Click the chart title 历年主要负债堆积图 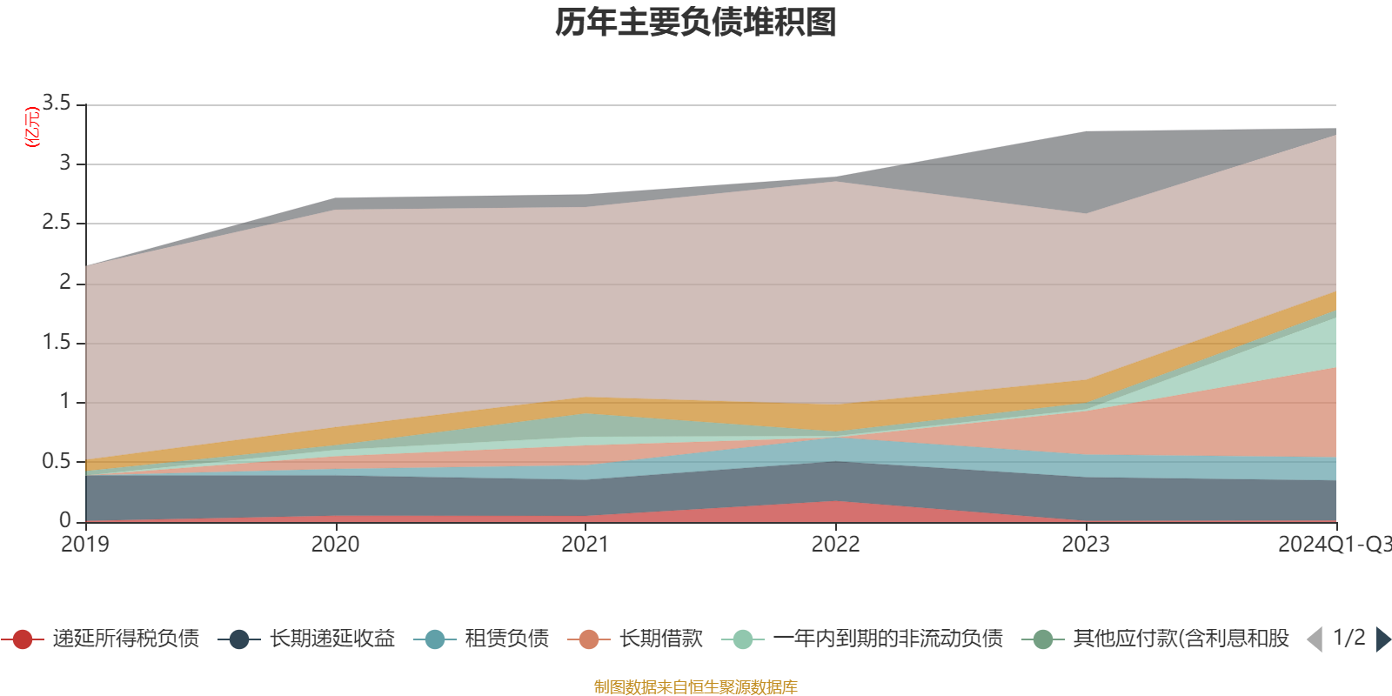coord(696,23)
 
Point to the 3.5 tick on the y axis coord(57,104)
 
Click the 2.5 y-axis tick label coord(57,223)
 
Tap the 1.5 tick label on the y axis coord(57,342)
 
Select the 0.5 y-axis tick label coord(57,461)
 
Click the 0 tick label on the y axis coord(65,520)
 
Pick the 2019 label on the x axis coord(85,545)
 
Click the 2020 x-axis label coord(335,545)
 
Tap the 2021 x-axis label coord(586,545)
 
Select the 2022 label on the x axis coord(835,545)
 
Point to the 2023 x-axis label coord(1086,545)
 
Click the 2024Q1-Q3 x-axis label coord(1333,545)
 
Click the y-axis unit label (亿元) coord(32,127)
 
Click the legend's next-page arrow coord(1382,639)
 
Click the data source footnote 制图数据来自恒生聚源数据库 coord(696,687)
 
